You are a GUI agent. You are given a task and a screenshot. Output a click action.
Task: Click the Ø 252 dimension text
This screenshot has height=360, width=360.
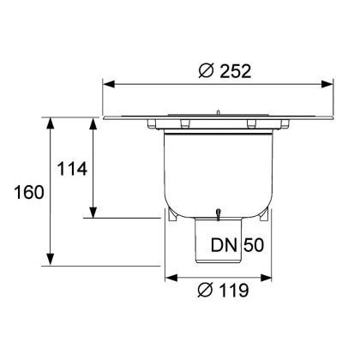click(x=224, y=71)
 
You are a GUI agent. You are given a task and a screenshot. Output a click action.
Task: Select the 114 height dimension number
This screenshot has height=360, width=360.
click(x=72, y=168)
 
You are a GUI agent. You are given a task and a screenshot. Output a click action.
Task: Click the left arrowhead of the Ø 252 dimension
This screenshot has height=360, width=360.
click(x=109, y=83)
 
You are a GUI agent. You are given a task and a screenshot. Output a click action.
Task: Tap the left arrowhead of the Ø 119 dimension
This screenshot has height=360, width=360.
click(x=170, y=277)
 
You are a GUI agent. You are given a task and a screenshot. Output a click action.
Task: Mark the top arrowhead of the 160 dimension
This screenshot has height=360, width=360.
click(x=51, y=123)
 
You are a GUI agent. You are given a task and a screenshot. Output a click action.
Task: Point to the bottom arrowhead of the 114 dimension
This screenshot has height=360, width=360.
click(x=93, y=213)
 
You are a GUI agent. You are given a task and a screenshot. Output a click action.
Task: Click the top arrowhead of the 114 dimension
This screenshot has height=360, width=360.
click(x=93, y=123)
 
